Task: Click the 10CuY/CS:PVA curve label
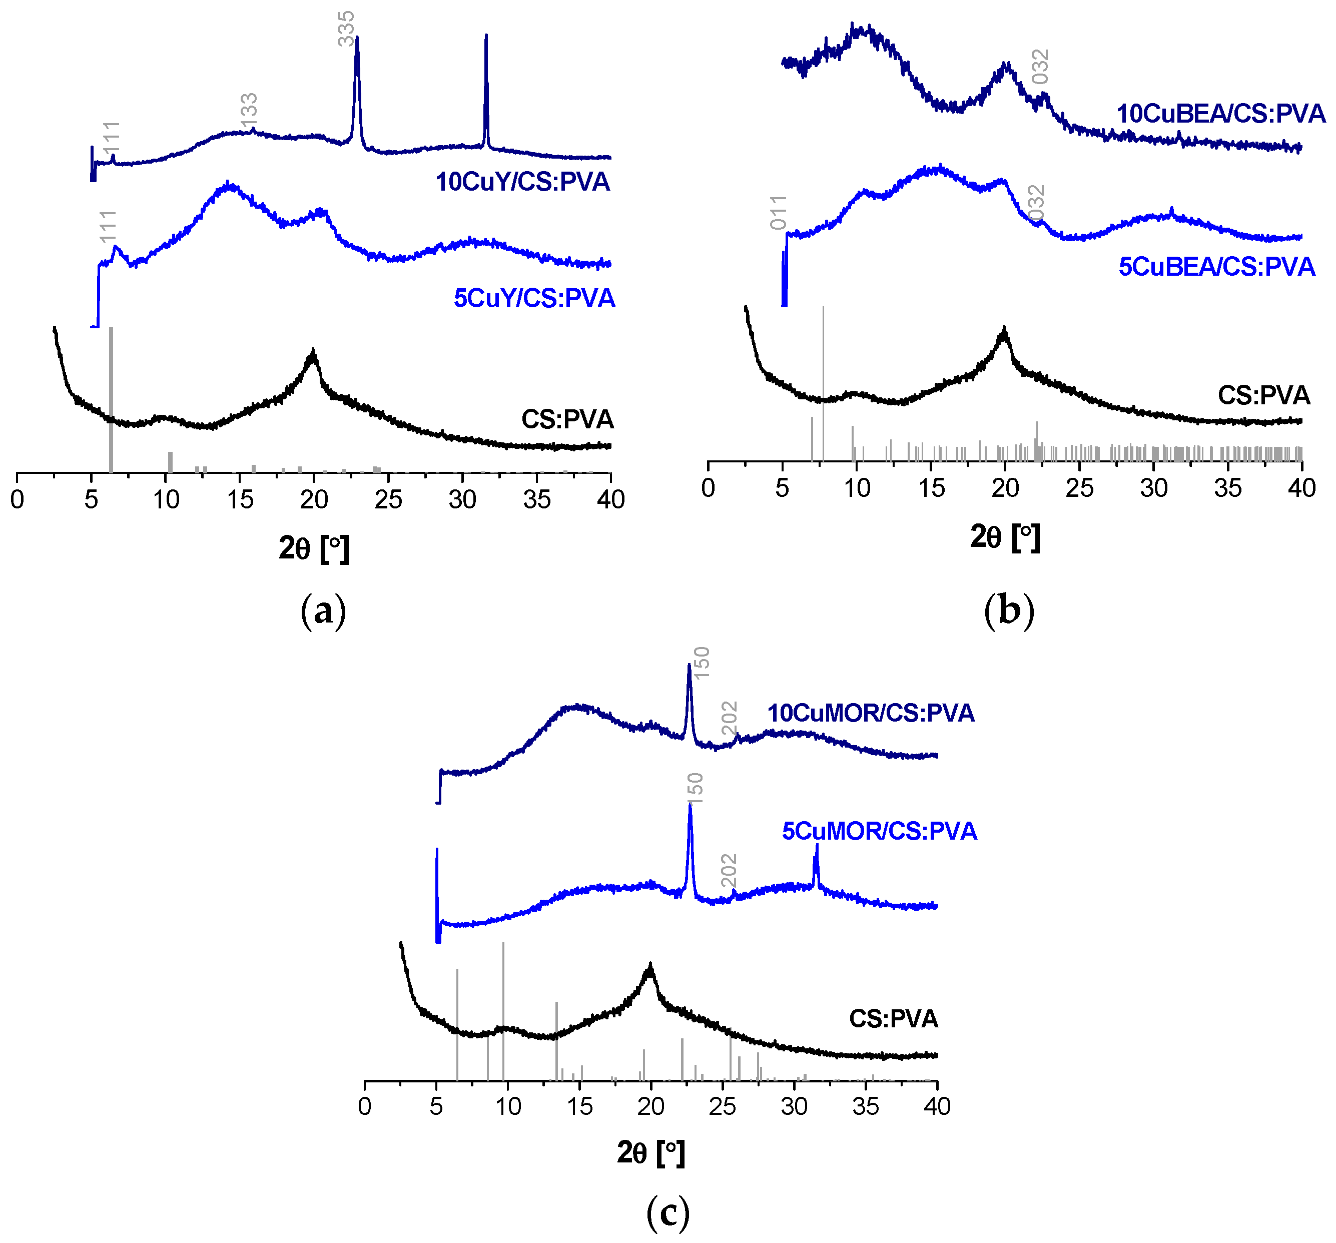click(x=522, y=182)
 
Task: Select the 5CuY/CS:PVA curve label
click(x=534, y=298)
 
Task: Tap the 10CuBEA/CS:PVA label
click(x=1220, y=114)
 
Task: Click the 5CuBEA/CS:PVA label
click(x=1216, y=267)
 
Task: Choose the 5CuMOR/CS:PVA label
click(x=879, y=831)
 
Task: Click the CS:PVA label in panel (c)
click(x=893, y=1019)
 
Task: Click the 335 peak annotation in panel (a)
click(x=345, y=28)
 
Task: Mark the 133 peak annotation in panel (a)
click(x=249, y=110)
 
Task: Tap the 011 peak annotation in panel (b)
click(x=778, y=212)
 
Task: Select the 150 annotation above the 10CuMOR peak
click(x=701, y=663)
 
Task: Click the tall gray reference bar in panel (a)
click(x=111, y=400)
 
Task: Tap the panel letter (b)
click(x=1008, y=611)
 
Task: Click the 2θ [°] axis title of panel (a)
click(x=314, y=549)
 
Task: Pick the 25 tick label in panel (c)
click(x=723, y=1106)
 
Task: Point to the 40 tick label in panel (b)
click(x=1301, y=488)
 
